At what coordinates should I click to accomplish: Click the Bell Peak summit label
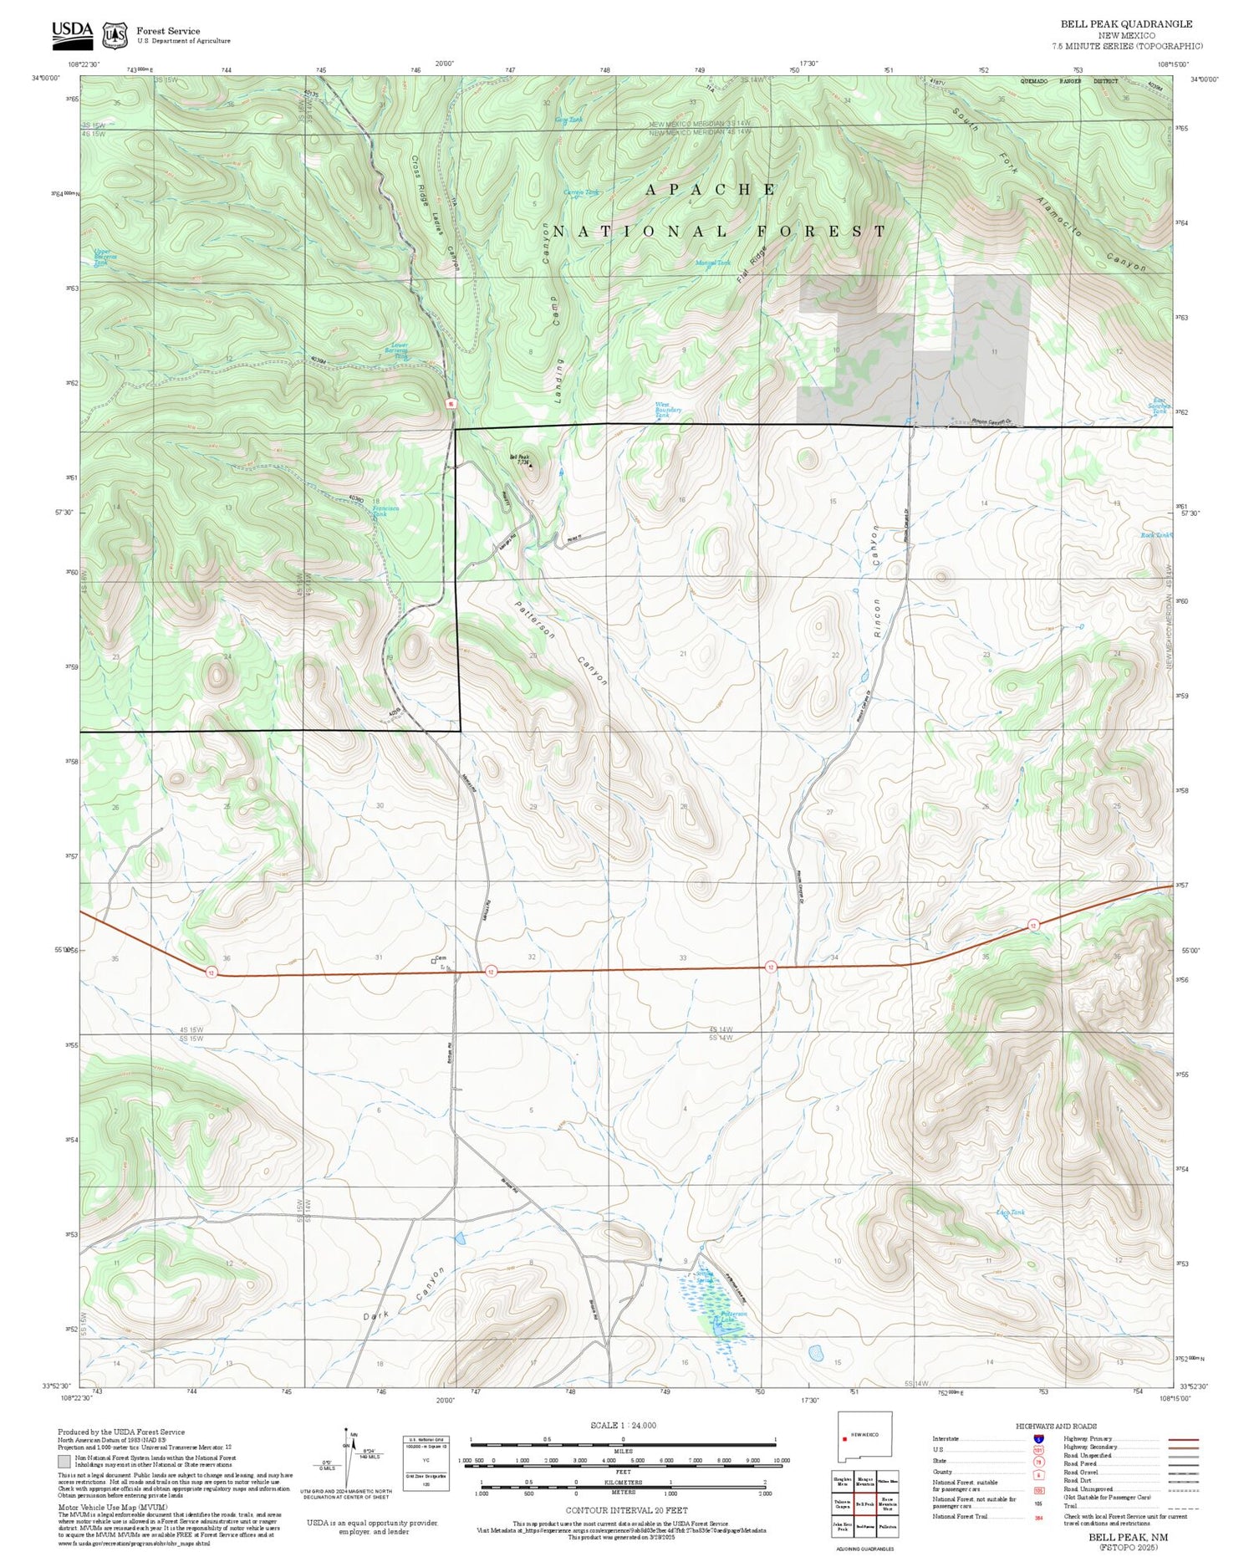(519, 459)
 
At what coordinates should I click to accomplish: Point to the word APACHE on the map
(711, 190)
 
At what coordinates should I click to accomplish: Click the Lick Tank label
(1010, 1212)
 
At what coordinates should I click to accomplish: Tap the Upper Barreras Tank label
(102, 257)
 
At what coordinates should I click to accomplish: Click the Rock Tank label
(1156, 534)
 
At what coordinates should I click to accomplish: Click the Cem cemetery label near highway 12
(441, 958)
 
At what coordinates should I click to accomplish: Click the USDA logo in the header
(72, 33)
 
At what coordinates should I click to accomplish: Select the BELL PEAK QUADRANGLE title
(1126, 23)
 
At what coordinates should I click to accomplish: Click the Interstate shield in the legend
(1038, 1438)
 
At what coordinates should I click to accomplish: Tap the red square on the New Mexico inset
(846, 1435)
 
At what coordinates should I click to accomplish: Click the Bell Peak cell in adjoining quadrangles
(864, 1503)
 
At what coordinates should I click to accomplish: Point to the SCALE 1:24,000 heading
(623, 1425)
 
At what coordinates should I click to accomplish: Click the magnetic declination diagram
(346, 1462)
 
